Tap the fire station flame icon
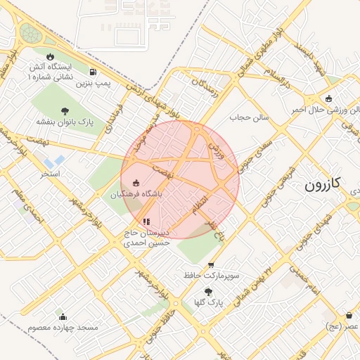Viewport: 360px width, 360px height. click(x=50, y=56)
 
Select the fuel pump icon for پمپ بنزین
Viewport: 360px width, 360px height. click(x=94, y=72)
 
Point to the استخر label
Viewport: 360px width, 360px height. click(x=50, y=173)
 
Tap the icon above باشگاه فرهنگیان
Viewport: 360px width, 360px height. click(x=136, y=183)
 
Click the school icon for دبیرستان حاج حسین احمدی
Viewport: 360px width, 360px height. click(x=146, y=221)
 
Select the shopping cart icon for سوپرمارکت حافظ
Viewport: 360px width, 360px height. click(x=211, y=265)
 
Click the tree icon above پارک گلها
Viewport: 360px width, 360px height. click(x=208, y=291)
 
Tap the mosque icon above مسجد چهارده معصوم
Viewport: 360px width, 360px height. click(x=63, y=316)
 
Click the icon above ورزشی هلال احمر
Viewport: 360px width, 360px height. click(x=329, y=98)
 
